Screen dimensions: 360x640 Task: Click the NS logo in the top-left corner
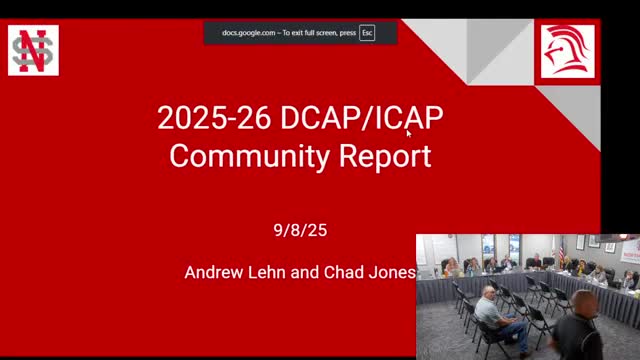(33, 51)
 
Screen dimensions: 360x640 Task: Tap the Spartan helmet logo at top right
(567, 51)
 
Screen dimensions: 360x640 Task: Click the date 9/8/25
(300, 230)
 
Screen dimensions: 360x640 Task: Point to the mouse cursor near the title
(409, 132)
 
